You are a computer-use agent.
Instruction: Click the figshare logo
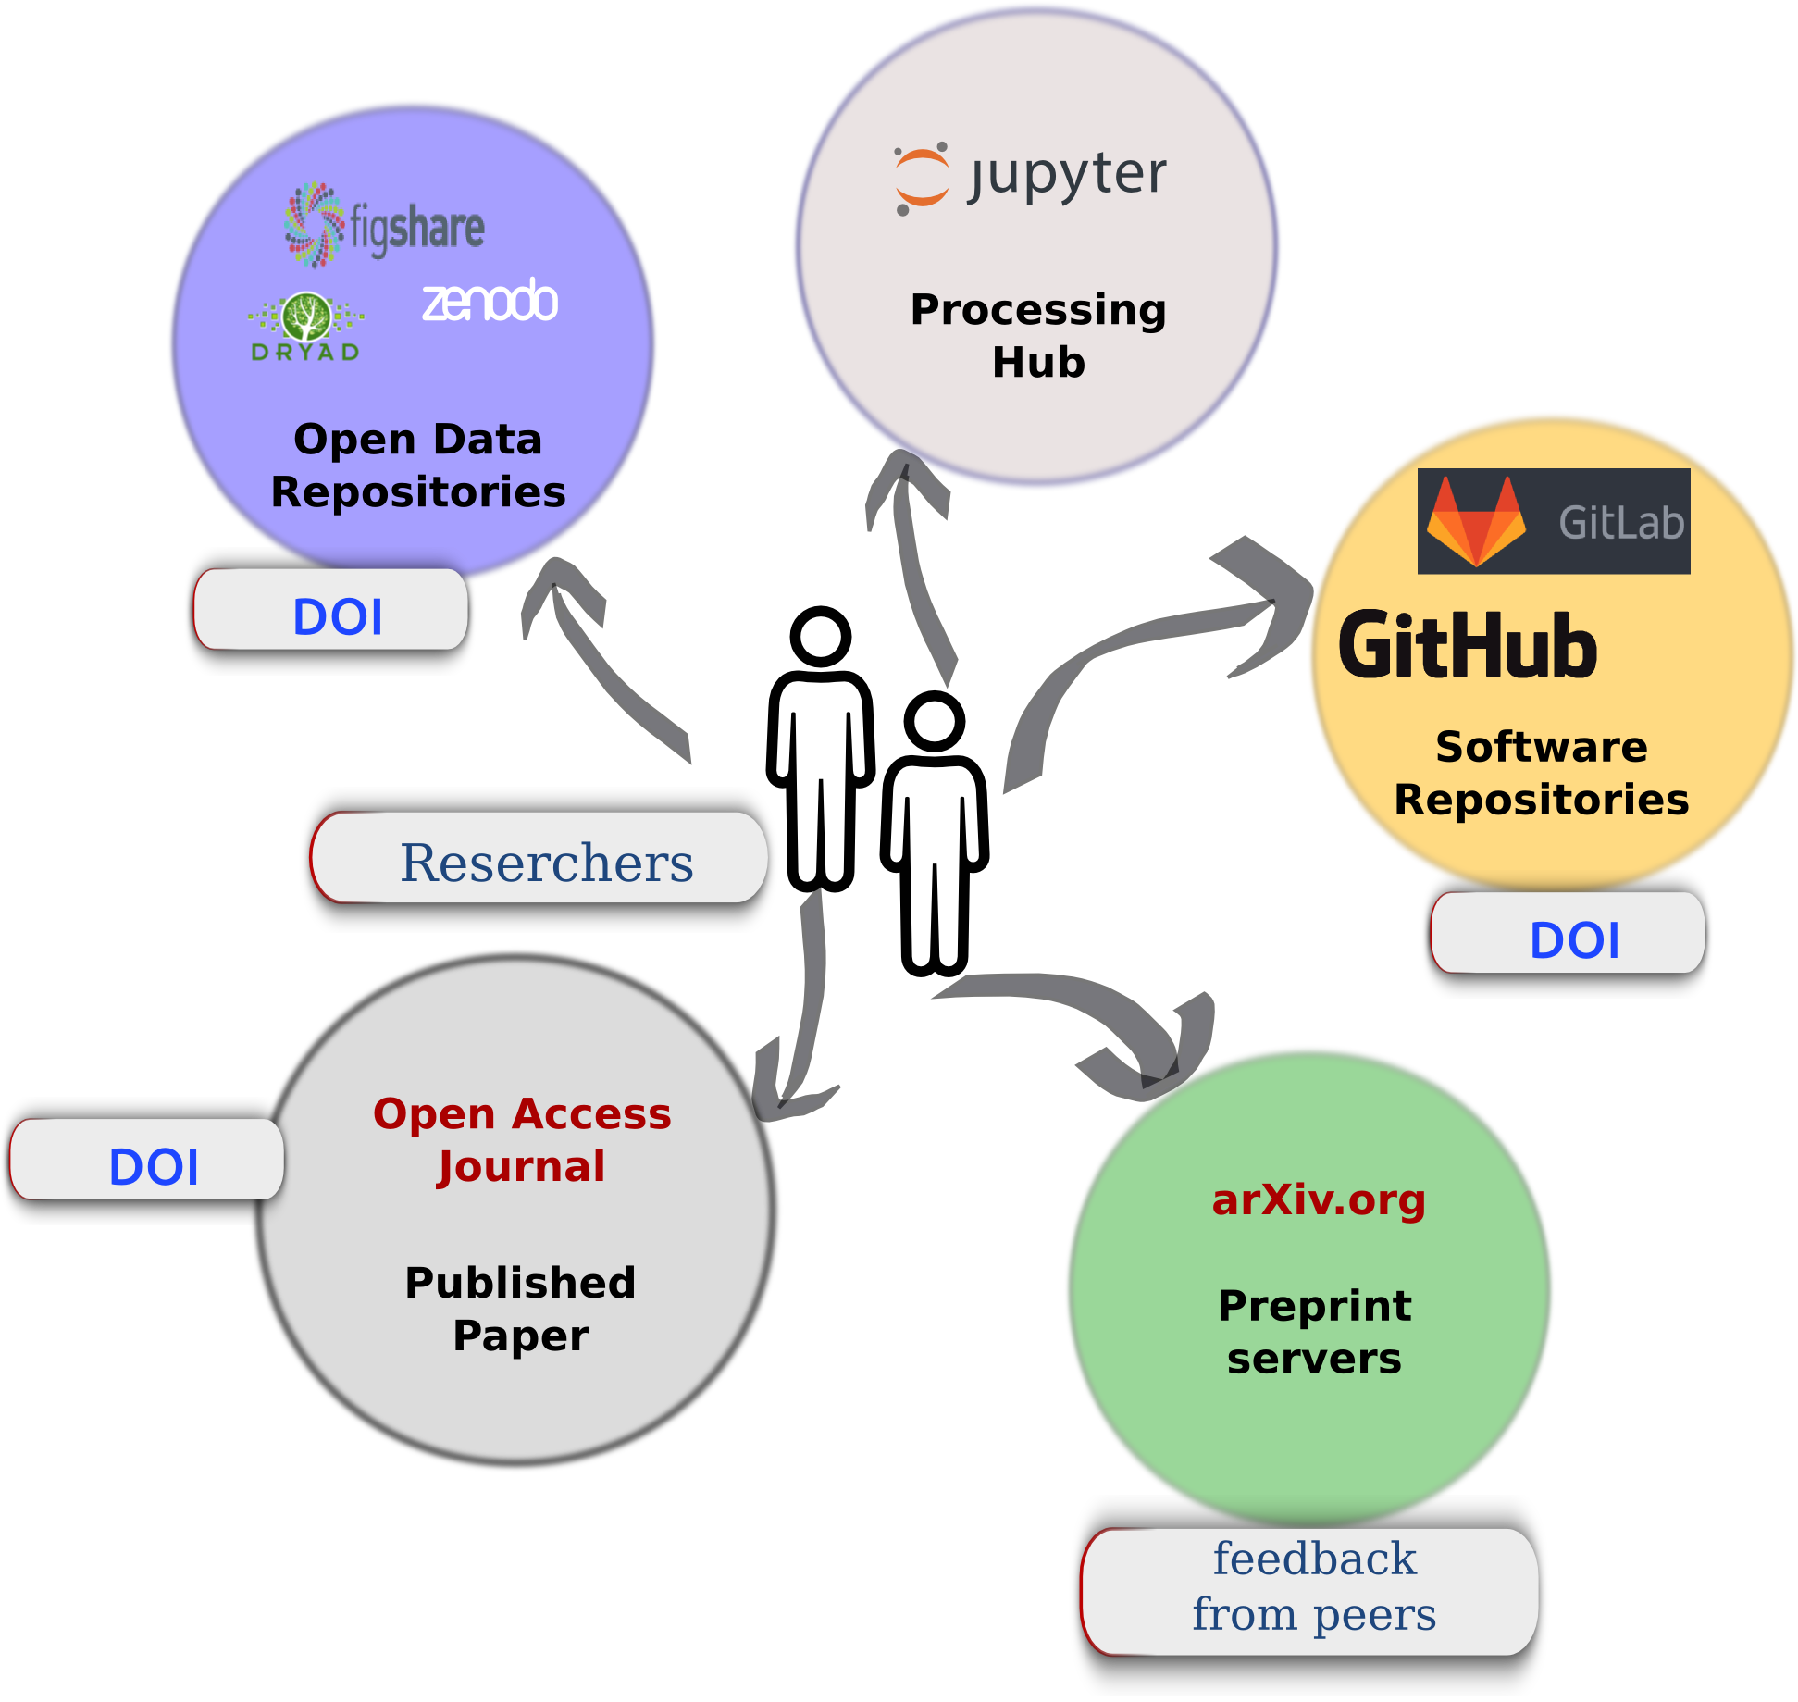coord(384,225)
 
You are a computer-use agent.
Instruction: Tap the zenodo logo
coord(490,300)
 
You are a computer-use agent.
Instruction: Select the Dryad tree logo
coord(306,326)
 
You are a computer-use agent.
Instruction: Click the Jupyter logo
coord(1030,177)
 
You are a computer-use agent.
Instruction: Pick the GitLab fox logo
coord(1476,520)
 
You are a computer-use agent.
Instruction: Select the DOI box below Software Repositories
coord(1568,932)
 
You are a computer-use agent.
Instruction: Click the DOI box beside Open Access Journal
coord(146,1159)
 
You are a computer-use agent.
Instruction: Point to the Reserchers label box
coord(539,857)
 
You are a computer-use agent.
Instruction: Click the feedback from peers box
coord(1309,1591)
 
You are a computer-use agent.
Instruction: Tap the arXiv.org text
coord(1319,1199)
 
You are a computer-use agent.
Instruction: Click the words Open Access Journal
coord(522,1139)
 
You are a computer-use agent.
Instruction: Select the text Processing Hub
coord(1038,334)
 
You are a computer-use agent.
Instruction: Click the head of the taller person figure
coord(820,637)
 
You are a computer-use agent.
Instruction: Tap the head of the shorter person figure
coord(935,721)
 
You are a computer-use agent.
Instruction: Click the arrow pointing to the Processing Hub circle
coord(911,565)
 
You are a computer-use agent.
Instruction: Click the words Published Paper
coord(521,1309)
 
